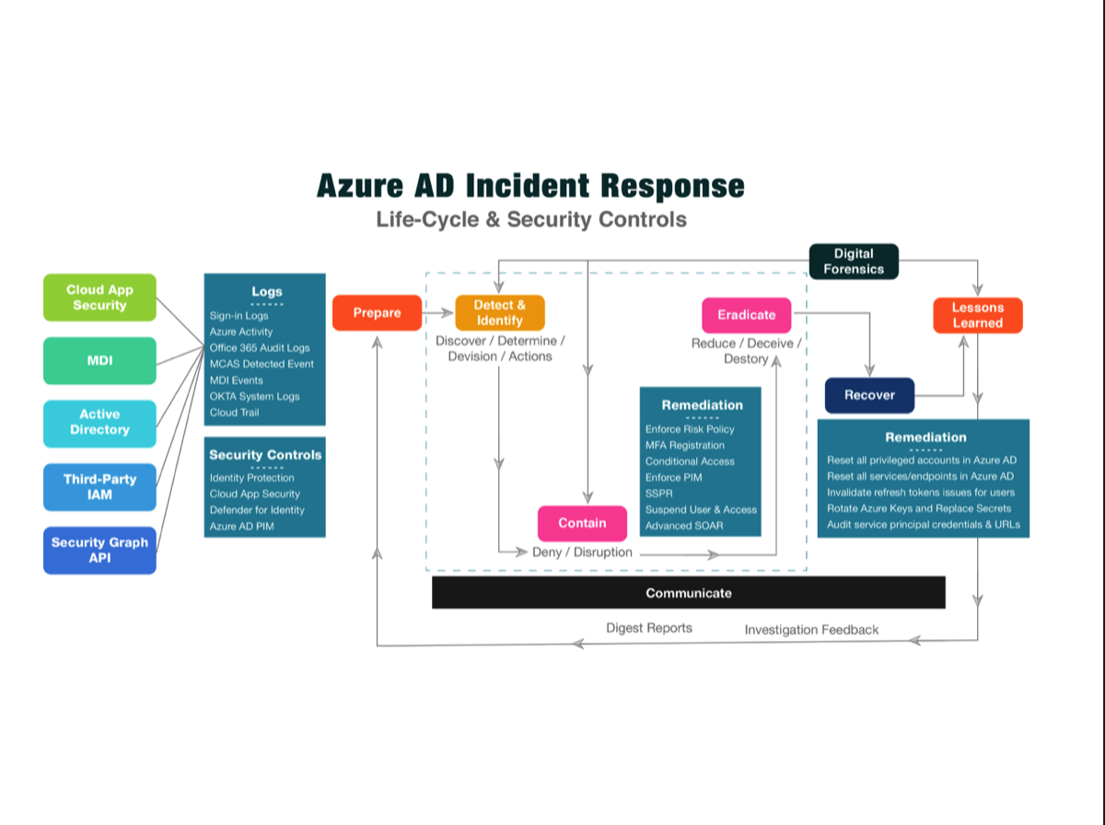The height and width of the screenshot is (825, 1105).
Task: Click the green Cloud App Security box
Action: pos(99,297)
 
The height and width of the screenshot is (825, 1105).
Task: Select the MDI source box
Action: pos(99,360)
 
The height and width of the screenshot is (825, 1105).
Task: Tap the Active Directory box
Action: pos(99,423)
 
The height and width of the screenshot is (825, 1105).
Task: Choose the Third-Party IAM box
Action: pos(99,486)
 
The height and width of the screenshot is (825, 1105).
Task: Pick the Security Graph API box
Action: pos(99,550)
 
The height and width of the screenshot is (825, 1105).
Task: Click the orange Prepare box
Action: pos(377,313)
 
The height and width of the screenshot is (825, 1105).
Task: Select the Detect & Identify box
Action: pos(500,313)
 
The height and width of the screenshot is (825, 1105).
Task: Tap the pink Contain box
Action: pos(582,523)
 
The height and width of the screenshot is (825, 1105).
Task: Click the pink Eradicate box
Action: pos(746,315)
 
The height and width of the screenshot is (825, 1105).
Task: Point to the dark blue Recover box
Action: pos(869,395)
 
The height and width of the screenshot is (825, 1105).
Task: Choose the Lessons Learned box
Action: pos(977,315)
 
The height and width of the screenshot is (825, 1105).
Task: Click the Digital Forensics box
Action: pos(854,261)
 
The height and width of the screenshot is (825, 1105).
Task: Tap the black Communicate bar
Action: pos(689,593)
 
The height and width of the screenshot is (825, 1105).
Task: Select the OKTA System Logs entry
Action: pos(254,396)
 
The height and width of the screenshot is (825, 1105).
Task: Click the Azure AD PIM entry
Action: pos(241,526)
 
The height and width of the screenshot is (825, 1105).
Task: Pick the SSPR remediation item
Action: pos(659,494)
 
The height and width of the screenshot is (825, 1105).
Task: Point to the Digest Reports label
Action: pos(649,628)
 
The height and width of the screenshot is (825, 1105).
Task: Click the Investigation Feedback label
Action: pos(811,630)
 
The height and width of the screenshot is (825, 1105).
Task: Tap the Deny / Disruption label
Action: pos(582,552)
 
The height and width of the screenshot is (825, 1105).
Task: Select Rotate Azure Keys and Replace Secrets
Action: pos(918,508)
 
